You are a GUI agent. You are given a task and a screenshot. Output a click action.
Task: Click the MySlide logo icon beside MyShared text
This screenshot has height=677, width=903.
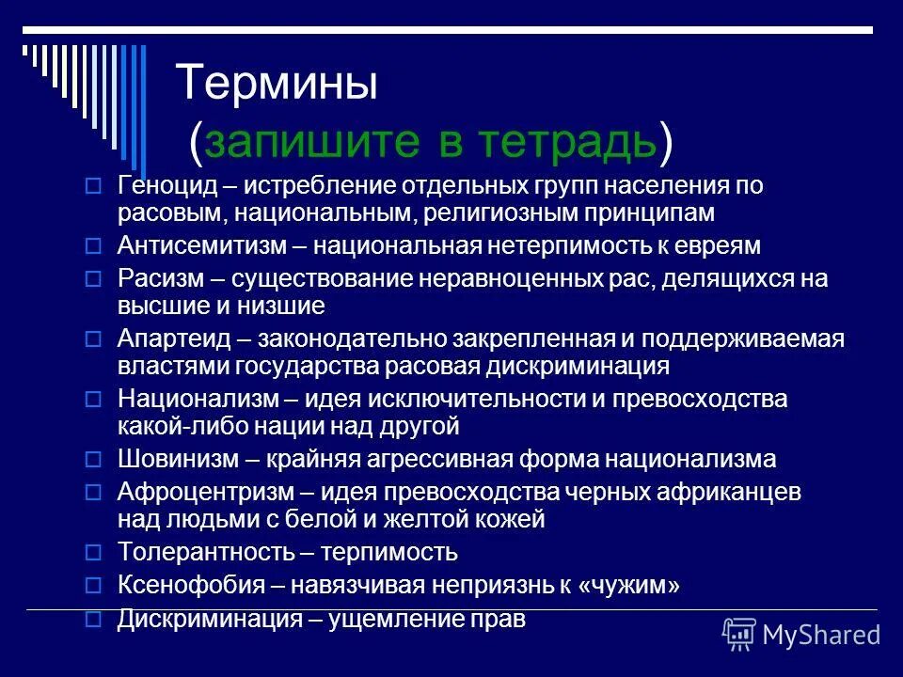(739, 635)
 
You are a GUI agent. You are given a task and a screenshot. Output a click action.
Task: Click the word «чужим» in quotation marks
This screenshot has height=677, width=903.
(630, 586)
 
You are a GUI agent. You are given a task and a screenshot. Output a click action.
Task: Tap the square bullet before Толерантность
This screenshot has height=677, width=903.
(92, 552)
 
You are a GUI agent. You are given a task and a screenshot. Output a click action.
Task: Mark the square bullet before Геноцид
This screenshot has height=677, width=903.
(92, 186)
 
